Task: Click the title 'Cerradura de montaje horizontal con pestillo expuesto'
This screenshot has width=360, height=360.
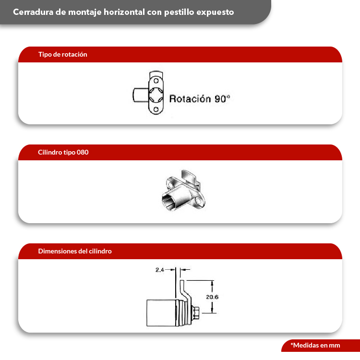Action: [x=123, y=12]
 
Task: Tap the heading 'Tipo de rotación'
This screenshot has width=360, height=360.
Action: [x=63, y=54]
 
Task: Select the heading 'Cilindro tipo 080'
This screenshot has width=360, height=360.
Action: [x=63, y=152]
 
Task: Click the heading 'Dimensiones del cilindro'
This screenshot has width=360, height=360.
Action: [x=75, y=251]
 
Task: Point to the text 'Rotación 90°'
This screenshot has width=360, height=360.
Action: [x=200, y=99]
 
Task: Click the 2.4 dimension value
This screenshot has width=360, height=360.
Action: [x=159, y=270]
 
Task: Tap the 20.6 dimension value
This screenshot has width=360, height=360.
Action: [x=212, y=297]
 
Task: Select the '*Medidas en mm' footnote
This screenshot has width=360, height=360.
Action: [x=315, y=345]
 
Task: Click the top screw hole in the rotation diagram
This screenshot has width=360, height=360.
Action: [x=156, y=81]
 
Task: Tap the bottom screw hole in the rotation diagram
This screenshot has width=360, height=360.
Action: [x=156, y=109]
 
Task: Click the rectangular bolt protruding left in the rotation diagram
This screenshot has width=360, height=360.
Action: [x=141, y=95]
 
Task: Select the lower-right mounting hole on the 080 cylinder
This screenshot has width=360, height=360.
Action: [x=198, y=202]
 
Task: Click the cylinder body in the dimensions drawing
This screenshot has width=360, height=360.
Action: [x=161, y=312]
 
